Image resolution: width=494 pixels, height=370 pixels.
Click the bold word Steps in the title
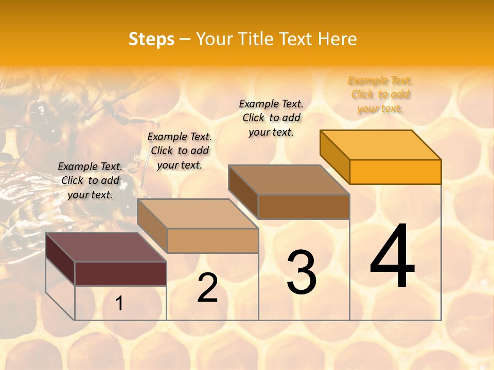tap(151, 39)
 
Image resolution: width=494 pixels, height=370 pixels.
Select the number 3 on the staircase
tap(302, 272)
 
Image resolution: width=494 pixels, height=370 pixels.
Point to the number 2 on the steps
tap(207, 288)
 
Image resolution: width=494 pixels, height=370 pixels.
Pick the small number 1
tap(119, 304)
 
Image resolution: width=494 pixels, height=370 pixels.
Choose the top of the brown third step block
tap(289, 179)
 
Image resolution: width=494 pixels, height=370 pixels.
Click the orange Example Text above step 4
tap(380, 95)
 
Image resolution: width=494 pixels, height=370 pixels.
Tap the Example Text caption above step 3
tap(271, 118)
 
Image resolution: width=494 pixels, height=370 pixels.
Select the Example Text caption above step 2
tap(180, 151)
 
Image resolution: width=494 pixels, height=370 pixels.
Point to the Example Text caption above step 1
tap(90, 180)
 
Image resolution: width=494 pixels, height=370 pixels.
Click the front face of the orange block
tap(395, 172)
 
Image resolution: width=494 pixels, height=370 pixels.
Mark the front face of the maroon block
tap(120, 273)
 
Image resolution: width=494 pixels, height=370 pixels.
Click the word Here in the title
tap(338, 39)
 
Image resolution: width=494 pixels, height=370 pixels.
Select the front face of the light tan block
tap(213, 240)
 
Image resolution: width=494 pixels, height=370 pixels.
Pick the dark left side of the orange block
tap(335, 156)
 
